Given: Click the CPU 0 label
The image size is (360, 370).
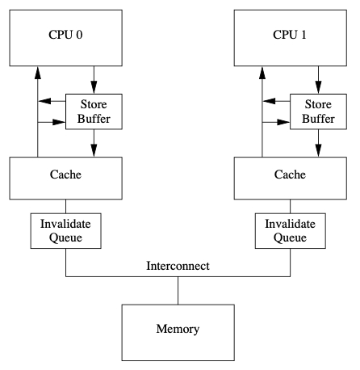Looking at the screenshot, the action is pos(65,35).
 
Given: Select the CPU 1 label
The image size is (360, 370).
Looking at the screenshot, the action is pos(290,35).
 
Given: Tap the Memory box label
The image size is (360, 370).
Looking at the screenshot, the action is pos(178,329).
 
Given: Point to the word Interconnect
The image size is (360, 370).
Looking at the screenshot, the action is pos(178,266).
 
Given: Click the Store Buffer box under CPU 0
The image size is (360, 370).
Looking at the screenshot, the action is pos(94,111).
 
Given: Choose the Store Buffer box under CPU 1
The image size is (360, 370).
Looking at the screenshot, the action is pos(318,111).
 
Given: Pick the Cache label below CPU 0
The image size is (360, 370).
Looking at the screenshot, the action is pos(65,174).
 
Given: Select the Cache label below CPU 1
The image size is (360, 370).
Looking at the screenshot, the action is pos(290,174).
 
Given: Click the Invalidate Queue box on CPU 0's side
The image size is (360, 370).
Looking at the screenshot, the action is pos(65,231).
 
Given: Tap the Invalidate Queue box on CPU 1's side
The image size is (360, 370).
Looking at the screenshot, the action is pos(291,231).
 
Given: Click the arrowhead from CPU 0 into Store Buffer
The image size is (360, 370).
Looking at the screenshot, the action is pos(94,87).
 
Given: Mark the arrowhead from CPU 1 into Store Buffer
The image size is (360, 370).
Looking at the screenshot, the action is pos(318,87).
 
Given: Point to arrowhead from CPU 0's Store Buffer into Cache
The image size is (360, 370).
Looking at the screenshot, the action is pos(94,150).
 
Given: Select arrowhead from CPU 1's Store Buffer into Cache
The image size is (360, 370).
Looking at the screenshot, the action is pos(318,150).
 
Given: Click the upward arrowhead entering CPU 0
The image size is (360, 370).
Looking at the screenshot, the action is pos(38,73).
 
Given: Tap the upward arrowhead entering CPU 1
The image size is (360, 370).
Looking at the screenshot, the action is pos(262,73).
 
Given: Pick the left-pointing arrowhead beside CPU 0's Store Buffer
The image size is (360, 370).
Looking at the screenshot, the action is pos(44,101).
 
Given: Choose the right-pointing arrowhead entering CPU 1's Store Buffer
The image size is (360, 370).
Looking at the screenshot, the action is pos(283,122).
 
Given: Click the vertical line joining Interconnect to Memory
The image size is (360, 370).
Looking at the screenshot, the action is pos(178,291).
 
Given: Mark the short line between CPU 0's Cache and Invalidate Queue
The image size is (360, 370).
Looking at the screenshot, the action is pos(65,206).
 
